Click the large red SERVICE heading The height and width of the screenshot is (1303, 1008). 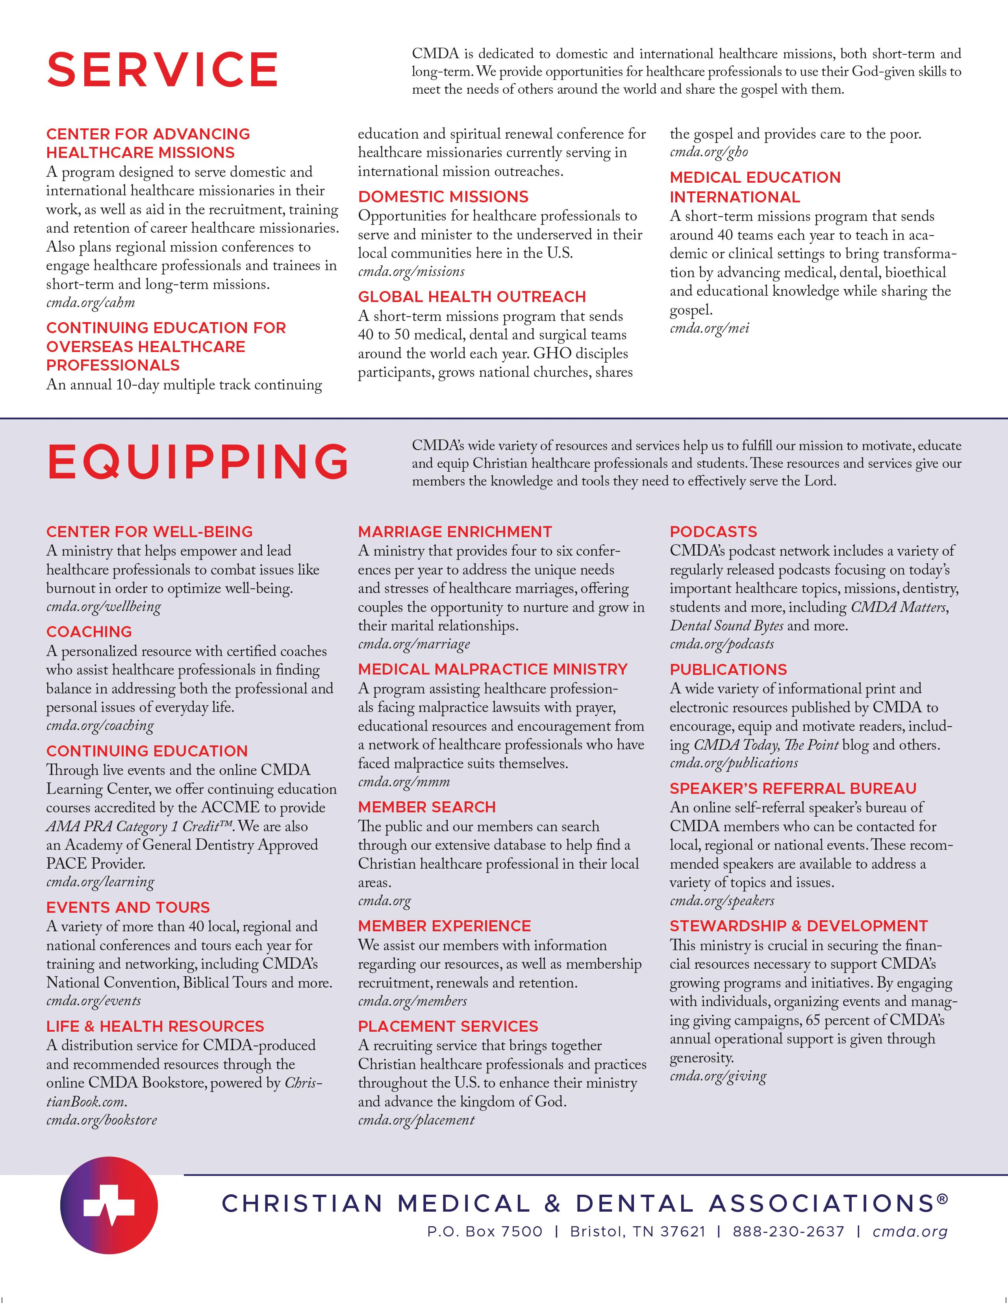162,70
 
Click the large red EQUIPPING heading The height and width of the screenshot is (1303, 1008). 198,462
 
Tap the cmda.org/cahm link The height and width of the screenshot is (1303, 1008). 91,303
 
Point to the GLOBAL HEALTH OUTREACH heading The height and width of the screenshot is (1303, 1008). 472,297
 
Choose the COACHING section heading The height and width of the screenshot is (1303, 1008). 89,632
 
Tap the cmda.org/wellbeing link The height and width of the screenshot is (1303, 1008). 104,607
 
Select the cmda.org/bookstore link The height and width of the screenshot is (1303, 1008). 102,1120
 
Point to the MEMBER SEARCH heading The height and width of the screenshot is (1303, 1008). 426,807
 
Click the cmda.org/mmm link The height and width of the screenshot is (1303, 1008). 404,782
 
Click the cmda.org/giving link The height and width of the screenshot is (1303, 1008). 718,1076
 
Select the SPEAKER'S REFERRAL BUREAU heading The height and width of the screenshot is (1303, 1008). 793,789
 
